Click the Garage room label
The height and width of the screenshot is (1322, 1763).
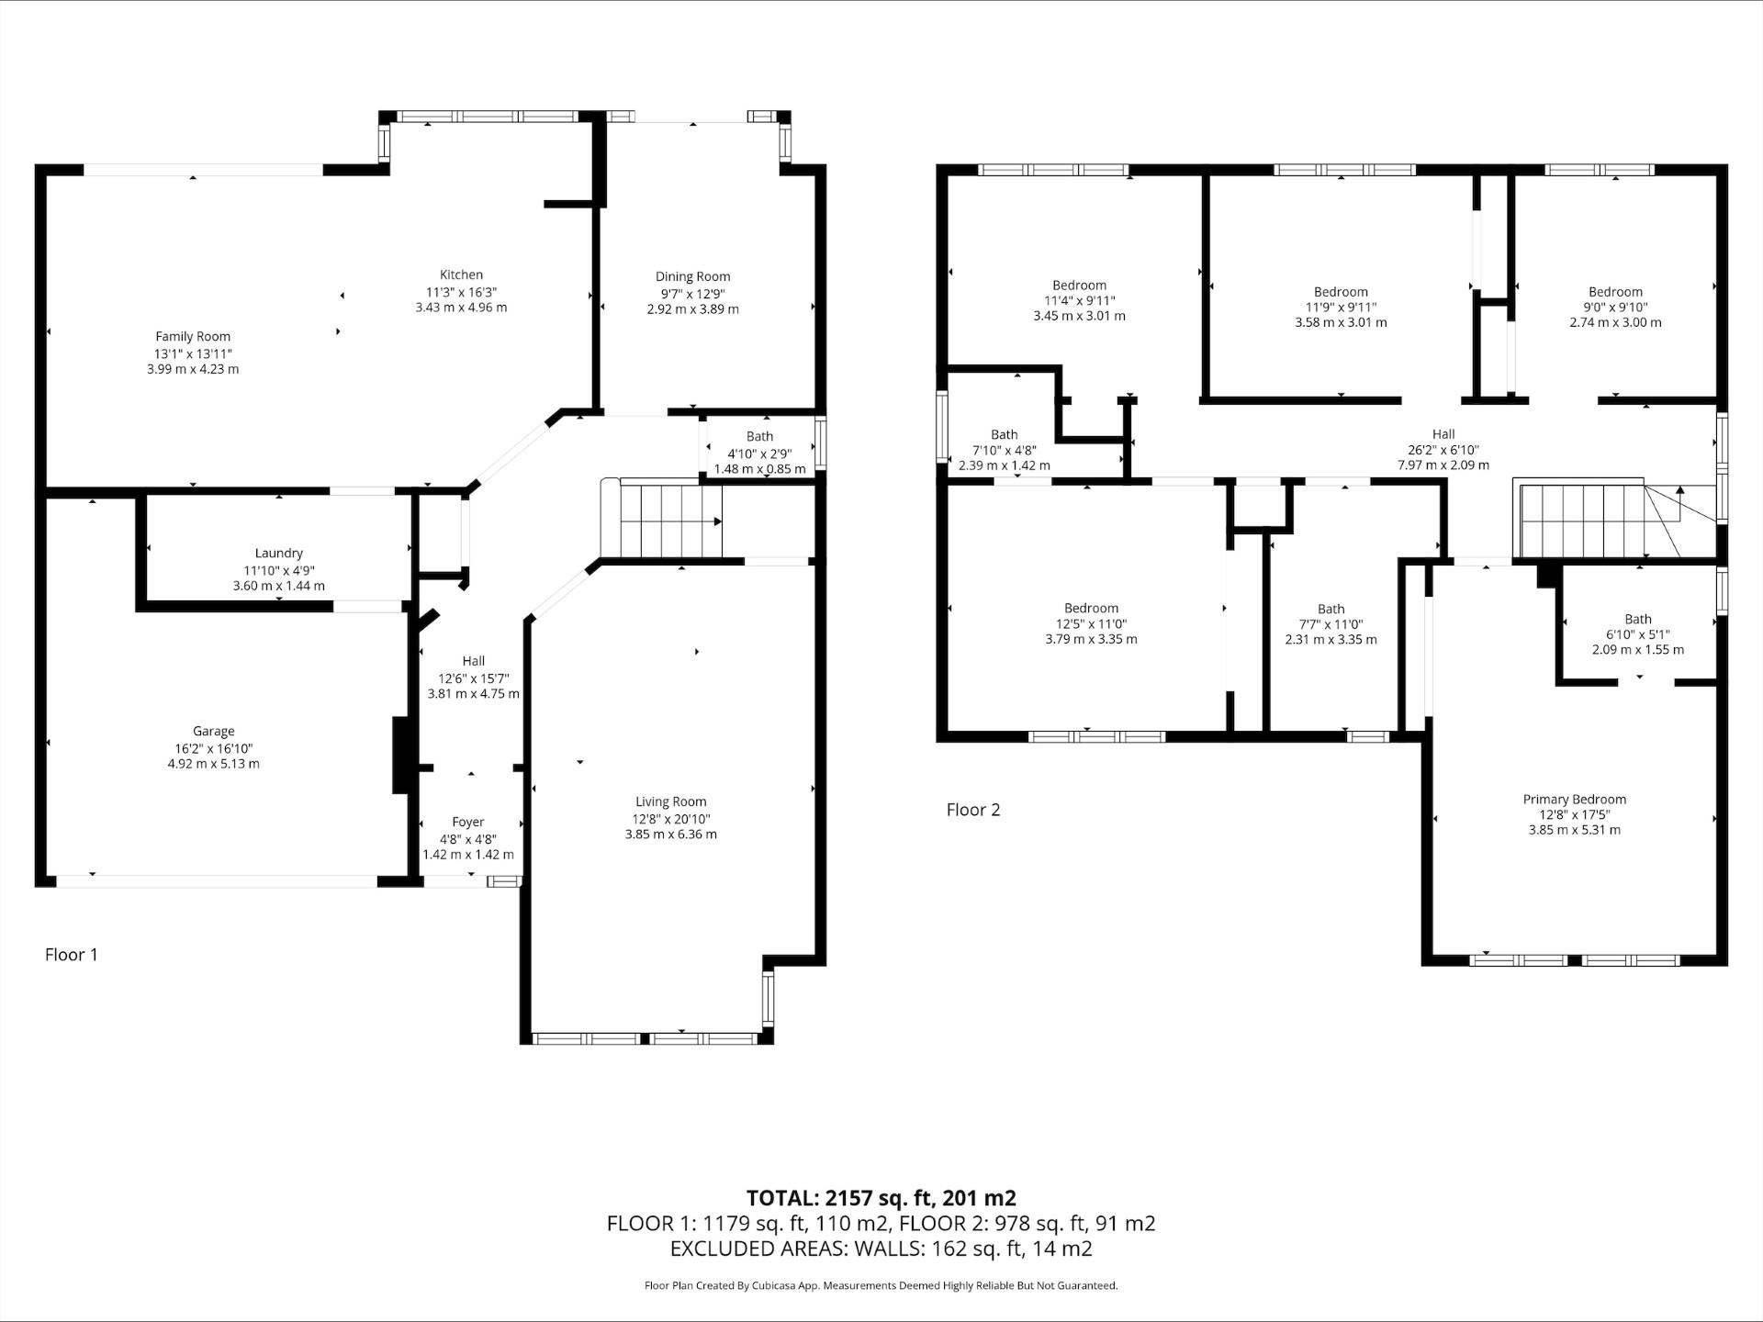point(214,732)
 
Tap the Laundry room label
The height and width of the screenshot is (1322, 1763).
point(278,554)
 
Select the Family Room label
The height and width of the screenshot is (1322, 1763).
point(193,337)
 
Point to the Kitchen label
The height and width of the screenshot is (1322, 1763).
point(461,274)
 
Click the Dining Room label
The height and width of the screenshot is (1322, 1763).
point(693,276)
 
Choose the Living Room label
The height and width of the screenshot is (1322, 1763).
point(671,801)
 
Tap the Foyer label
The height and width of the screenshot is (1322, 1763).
point(468,823)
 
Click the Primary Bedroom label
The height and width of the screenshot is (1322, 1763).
point(1575,800)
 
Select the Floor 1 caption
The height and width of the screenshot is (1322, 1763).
point(72,955)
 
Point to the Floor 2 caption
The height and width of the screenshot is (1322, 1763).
point(973,810)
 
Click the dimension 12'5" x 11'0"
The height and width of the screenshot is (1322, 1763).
point(1091,624)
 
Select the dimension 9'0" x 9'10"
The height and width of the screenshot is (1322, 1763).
point(1615,308)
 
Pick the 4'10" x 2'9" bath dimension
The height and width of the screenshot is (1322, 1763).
point(759,454)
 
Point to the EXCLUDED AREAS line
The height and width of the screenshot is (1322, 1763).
point(881,1249)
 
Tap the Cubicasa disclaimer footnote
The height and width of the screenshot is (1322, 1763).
point(881,1286)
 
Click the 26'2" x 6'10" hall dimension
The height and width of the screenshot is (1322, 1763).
point(1443,450)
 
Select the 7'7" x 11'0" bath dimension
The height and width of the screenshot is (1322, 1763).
point(1331,624)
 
